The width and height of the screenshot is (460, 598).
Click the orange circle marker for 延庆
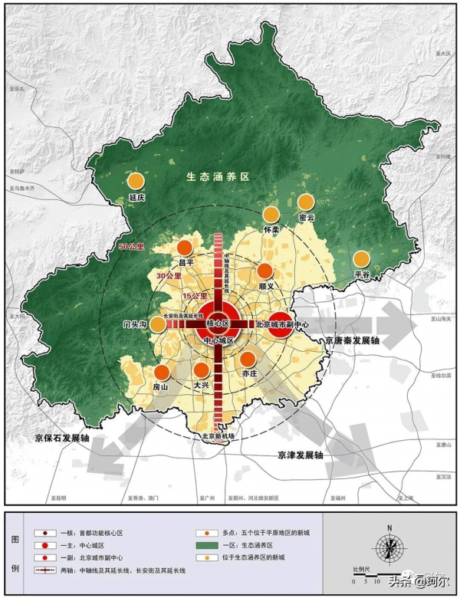click(136, 182)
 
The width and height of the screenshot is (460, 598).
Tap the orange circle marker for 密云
click(306, 202)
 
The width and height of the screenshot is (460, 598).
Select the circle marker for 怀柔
click(271, 215)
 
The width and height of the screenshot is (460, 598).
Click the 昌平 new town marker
click(185, 248)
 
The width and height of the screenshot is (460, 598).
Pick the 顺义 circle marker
click(265, 271)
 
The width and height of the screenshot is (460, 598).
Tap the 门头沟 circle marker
click(157, 324)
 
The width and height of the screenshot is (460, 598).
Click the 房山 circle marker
click(162, 373)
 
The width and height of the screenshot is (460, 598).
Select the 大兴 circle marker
click(202, 371)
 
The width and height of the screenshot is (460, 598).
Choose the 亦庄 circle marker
click(248, 359)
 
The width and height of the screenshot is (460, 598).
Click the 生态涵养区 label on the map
click(219, 177)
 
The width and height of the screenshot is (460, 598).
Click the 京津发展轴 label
click(301, 455)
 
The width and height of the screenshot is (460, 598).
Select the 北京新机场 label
click(218, 436)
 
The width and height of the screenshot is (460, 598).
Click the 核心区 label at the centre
click(219, 324)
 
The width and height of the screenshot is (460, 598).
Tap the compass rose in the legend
click(390, 547)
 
